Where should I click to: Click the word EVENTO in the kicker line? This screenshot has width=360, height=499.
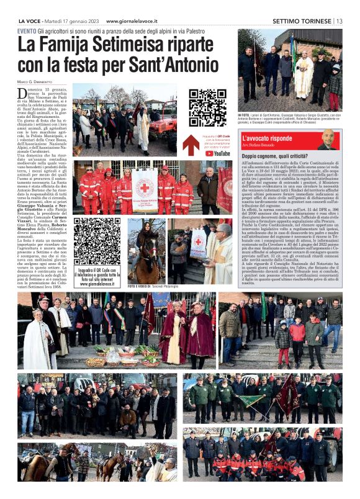27,31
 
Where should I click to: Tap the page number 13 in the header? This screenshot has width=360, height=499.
339,20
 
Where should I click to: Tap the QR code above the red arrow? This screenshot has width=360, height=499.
207,108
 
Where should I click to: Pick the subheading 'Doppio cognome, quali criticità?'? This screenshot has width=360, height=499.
275,156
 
